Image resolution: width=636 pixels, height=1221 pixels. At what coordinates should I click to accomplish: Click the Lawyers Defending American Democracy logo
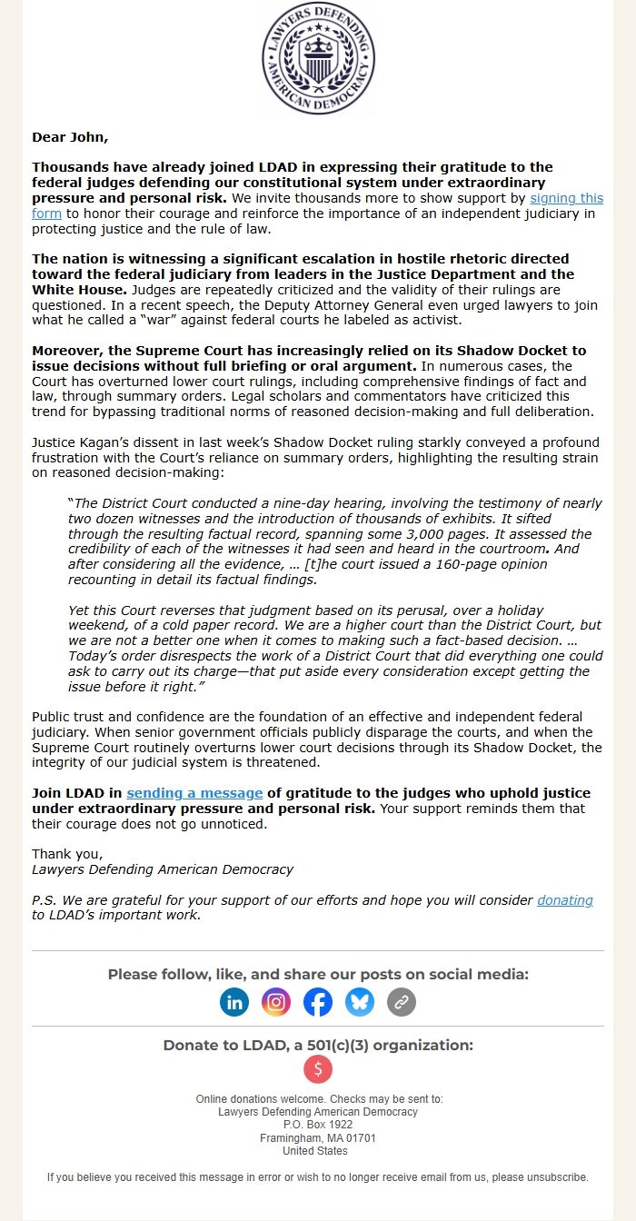click(x=318, y=57)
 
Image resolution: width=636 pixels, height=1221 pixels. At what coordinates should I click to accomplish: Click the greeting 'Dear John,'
click(x=70, y=137)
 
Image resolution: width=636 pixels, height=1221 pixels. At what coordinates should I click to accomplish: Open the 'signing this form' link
click(x=566, y=198)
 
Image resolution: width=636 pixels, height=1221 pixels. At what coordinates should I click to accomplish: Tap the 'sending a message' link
click(x=194, y=793)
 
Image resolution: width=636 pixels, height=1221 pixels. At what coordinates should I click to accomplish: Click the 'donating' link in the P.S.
click(x=564, y=900)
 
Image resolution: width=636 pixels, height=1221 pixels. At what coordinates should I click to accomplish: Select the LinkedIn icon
click(x=234, y=1002)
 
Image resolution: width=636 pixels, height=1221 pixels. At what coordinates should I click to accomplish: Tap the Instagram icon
click(x=276, y=1002)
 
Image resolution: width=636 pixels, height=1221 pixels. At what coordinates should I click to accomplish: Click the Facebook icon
click(x=318, y=1002)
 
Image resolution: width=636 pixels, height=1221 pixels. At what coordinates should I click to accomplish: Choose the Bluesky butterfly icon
click(x=360, y=1002)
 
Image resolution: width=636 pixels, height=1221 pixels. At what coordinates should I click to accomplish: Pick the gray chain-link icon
click(x=402, y=1002)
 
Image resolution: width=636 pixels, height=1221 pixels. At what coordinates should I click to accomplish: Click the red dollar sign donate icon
click(x=318, y=1069)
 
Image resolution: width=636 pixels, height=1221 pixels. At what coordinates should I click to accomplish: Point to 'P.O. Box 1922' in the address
click(x=318, y=1125)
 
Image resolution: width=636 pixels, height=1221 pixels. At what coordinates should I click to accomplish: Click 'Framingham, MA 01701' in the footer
click(x=318, y=1137)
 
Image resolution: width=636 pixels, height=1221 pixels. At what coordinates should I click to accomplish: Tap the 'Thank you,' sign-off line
click(x=67, y=854)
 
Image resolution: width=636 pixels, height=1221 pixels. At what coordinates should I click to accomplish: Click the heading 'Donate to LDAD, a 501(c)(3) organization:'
click(x=318, y=1045)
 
